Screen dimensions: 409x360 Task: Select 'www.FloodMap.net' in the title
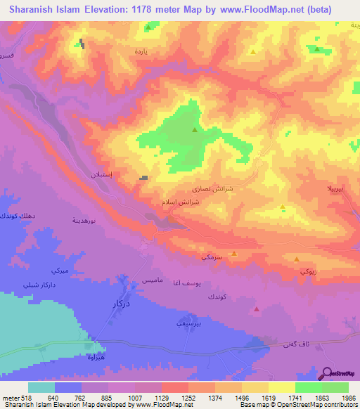tap(259, 10)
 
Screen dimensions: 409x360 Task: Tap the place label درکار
tap(122, 304)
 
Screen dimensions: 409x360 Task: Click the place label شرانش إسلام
tap(186, 202)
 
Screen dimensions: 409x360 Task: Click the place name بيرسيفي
tap(188, 325)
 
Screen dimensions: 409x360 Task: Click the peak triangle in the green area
tap(195, 129)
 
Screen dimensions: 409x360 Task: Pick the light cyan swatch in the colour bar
tap(41, 387)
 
